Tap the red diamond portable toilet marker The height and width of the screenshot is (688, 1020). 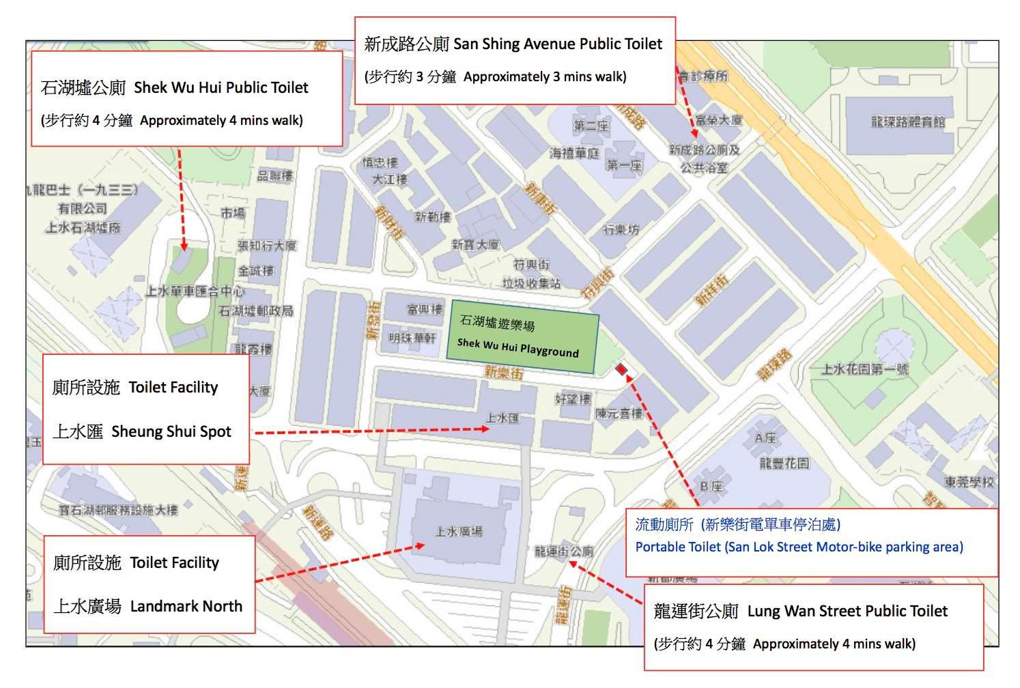[x=621, y=369]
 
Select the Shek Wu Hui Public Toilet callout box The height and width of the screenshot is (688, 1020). [x=186, y=98]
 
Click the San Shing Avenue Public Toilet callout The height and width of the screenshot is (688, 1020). [x=514, y=60]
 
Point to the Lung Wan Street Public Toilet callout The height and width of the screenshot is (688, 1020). [x=814, y=627]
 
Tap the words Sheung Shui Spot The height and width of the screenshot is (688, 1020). [x=171, y=431]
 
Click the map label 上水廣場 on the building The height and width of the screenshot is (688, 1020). [x=459, y=531]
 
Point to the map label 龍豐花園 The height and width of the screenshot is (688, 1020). [x=784, y=463]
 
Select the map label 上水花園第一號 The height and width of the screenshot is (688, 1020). [x=864, y=369]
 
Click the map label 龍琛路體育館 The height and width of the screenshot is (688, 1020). [x=907, y=122]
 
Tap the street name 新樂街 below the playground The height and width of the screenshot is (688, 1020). [x=503, y=373]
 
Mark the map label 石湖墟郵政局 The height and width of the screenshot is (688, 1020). [x=255, y=311]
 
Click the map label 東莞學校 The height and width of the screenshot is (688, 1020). [x=969, y=482]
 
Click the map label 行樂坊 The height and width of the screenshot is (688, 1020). [x=621, y=230]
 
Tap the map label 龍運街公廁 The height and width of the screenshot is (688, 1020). [x=563, y=551]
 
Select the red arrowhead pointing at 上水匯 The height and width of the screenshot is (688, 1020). [x=485, y=429]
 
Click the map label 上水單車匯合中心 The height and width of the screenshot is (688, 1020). [x=195, y=291]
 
